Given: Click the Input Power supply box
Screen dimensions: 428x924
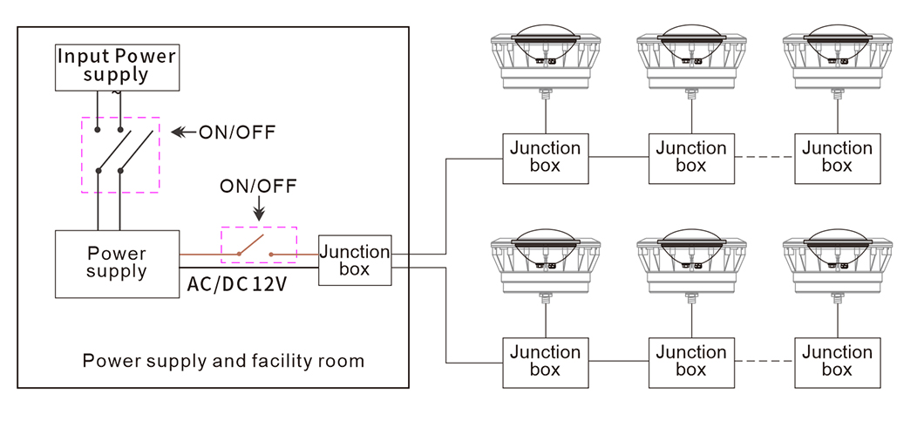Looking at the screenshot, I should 117,66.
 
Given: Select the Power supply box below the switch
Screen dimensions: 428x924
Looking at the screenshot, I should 117,262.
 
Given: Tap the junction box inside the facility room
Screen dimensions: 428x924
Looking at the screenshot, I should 355,260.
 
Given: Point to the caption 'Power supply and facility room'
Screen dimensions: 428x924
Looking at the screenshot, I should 223,360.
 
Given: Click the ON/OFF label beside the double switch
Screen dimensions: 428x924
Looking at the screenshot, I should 236,132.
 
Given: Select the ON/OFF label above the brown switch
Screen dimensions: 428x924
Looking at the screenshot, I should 258,186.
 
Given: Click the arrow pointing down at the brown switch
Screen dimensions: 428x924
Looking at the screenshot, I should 258,210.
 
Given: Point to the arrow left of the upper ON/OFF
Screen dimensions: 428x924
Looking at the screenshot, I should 183,132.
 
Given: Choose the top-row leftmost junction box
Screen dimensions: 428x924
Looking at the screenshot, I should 545,158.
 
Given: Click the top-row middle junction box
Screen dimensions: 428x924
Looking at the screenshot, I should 690,158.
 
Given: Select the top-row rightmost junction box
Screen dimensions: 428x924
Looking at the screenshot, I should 837,158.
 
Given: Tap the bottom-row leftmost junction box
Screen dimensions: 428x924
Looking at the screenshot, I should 545,362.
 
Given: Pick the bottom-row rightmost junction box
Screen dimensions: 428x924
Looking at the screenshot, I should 837,362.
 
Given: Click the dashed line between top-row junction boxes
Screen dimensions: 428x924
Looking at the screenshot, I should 764,158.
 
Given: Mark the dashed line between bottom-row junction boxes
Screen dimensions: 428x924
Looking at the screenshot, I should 764,362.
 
